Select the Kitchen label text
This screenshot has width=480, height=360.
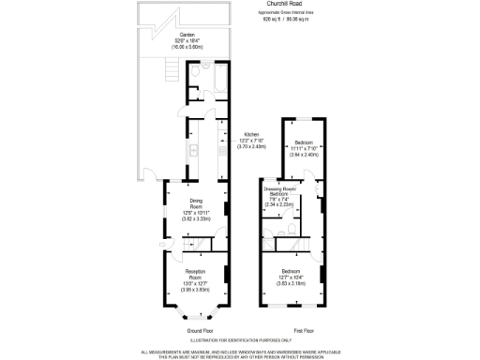(x=250, y=133)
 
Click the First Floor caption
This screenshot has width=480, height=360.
(x=303, y=331)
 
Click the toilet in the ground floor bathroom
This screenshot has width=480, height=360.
(x=191, y=71)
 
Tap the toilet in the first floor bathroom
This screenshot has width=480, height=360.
(x=294, y=228)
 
